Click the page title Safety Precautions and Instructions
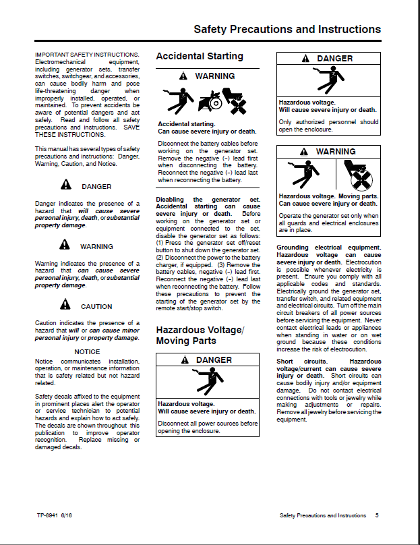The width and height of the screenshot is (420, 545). click(287, 30)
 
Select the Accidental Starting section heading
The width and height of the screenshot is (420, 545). click(200, 57)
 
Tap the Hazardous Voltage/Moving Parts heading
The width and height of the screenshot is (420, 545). click(200, 335)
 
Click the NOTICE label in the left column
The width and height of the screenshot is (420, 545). click(87, 352)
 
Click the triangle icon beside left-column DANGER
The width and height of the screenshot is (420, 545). click(65, 185)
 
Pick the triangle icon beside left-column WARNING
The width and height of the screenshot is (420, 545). click(65, 246)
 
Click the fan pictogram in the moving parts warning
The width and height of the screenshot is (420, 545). click(359, 177)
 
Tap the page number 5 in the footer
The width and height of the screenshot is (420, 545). click(377, 515)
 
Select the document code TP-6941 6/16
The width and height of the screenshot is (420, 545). click(55, 515)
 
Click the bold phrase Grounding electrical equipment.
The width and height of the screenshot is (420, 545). click(328, 248)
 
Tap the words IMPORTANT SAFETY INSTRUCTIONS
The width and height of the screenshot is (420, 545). click(87, 54)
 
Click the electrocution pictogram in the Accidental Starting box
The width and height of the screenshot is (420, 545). click(175, 100)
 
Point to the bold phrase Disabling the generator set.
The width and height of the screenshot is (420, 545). click(208, 200)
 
